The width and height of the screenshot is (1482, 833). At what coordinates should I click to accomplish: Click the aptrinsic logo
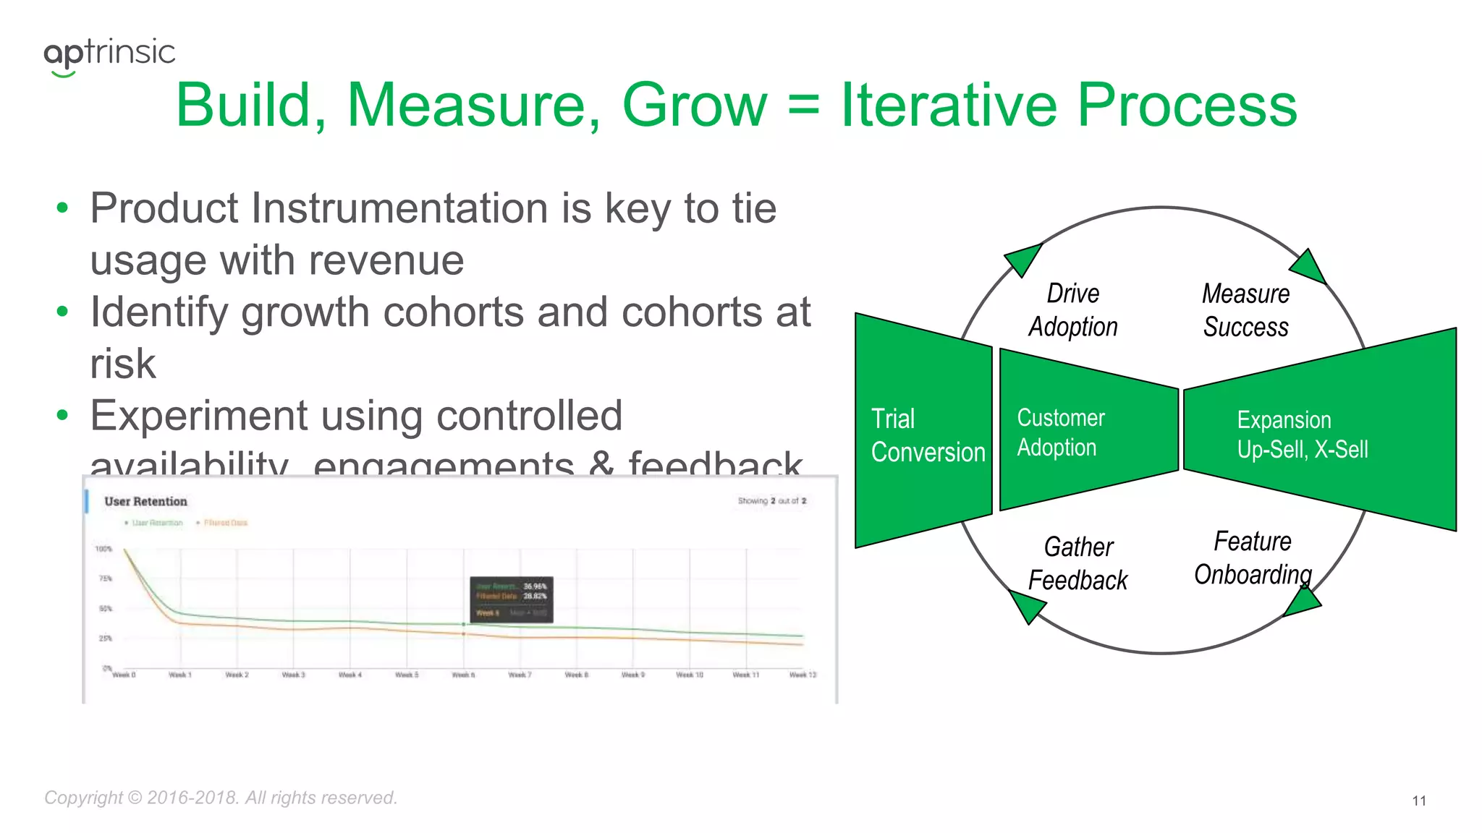pyautogui.click(x=109, y=54)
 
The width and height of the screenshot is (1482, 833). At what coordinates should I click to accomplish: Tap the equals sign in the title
pyautogui.click(x=803, y=107)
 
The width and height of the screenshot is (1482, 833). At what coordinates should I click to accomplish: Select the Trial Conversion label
pyautogui.click(x=927, y=435)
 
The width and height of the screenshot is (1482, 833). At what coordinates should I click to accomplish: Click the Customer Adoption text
pyautogui.click(x=1060, y=432)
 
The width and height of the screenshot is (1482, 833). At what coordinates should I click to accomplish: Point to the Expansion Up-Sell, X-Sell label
pyautogui.click(x=1301, y=434)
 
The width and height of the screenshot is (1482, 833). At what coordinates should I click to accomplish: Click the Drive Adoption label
pyautogui.click(x=1073, y=309)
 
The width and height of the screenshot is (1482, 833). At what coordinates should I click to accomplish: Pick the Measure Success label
pyautogui.click(x=1245, y=310)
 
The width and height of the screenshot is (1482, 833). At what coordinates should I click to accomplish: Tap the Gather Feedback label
pyautogui.click(x=1077, y=563)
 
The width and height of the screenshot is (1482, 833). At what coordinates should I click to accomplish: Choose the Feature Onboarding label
pyautogui.click(x=1253, y=558)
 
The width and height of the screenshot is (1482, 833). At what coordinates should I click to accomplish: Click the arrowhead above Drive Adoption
pyautogui.click(x=1023, y=259)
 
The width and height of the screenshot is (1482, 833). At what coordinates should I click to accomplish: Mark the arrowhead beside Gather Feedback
pyautogui.click(x=1027, y=606)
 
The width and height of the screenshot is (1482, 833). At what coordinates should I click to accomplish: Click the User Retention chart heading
pyautogui.click(x=145, y=501)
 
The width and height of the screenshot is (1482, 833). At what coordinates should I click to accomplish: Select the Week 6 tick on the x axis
pyautogui.click(x=463, y=675)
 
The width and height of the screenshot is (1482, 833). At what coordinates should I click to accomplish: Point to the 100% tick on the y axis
pyautogui.click(x=103, y=549)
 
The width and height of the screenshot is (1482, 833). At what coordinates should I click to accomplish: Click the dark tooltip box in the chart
pyautogui.click(x=512, y=599)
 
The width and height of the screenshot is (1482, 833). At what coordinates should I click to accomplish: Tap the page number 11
pyautogui.click(x=1418, y=800)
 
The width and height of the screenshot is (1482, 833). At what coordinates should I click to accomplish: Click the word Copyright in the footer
pyautogui.click(x=83, y=798)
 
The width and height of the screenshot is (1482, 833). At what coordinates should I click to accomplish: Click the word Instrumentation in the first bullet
pyautogui.click(x=400, y=209)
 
